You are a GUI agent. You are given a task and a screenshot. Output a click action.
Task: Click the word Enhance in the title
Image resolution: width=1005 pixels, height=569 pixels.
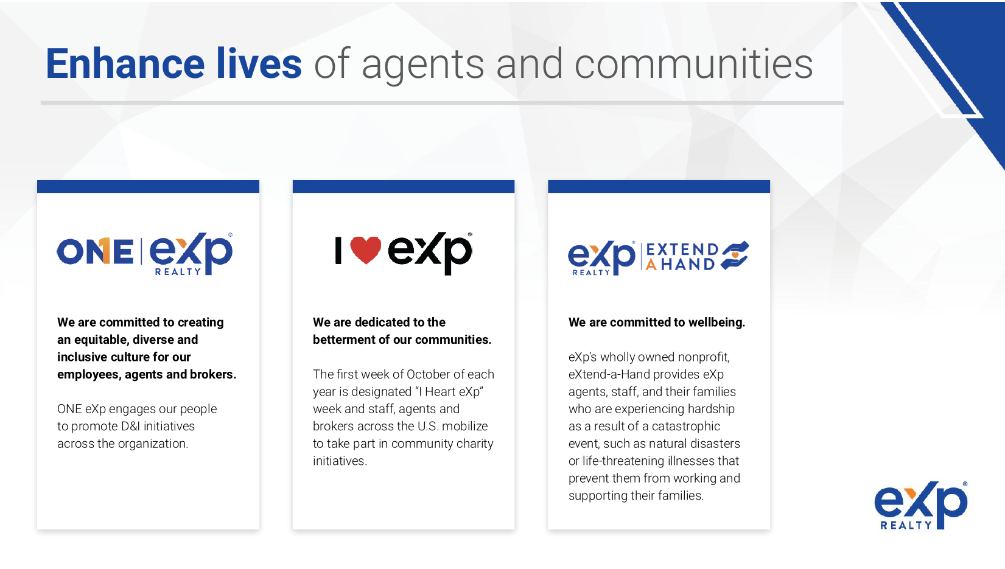(125, 64)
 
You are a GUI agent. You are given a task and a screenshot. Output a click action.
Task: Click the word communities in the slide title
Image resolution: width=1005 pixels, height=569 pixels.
(693, 64)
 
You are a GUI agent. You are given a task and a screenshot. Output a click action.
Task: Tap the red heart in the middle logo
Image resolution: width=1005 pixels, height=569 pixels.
(366, 250)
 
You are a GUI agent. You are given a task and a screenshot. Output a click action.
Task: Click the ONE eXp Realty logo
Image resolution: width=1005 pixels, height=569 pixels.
(144, 253)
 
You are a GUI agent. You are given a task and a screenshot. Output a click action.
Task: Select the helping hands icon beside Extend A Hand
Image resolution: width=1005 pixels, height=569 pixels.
(735, 256)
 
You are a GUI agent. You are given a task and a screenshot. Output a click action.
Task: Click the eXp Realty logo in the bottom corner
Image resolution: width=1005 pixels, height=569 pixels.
(921, 505)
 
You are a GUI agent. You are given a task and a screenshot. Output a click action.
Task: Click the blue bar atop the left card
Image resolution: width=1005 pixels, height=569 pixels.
(148, 187)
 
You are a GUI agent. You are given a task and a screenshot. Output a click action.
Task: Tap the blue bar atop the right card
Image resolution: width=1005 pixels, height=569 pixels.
(659, 187)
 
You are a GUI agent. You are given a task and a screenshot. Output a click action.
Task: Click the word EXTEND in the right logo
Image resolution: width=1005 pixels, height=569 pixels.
(682, 250)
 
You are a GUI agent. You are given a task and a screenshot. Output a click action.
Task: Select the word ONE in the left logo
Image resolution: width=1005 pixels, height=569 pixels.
(95, 251)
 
